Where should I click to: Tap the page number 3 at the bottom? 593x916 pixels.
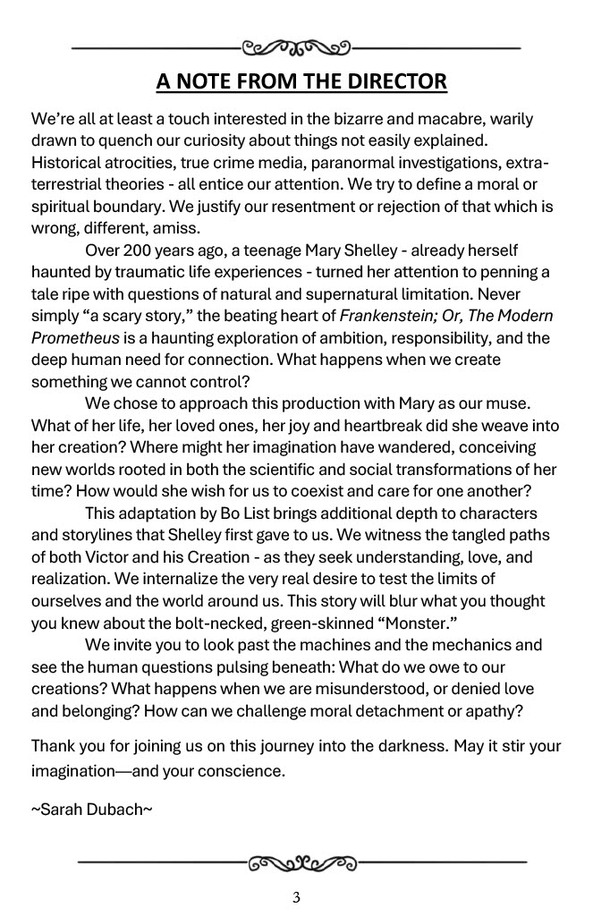tap(296, 898)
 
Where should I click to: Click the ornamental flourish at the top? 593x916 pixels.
tap(297, 46)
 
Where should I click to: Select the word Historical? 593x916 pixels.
tap(70, 163)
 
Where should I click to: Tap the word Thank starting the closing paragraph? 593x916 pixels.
tap(53, 746)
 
